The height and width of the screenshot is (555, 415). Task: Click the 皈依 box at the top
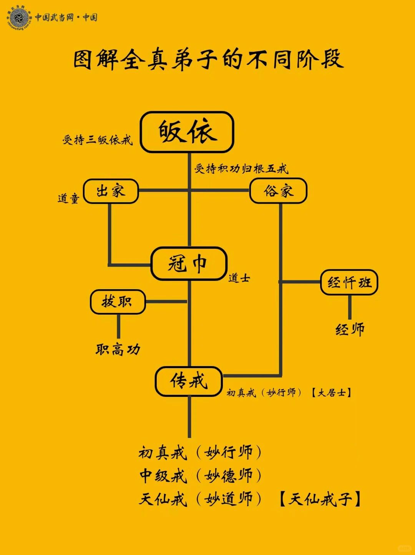(x=187, y=132)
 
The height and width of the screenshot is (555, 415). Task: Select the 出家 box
(x=111, y=191)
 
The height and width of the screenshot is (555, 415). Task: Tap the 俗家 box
(x=278, y=191)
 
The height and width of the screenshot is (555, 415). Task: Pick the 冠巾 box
(x=189, y=264)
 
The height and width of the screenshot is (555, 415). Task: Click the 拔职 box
(x=118, y=302)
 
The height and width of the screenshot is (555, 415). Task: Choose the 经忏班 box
(x=349, y=283)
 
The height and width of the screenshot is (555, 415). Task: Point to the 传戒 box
(x=189, y=381)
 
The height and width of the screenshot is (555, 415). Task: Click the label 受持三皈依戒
(x=97, y=140)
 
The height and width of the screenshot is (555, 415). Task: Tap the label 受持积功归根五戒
(x=241, y=168)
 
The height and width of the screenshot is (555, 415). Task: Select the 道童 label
(x=68, y=198)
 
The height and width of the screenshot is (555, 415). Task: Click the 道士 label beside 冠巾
(x=239, y=278)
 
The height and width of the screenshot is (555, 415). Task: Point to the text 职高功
(x=118, y=350)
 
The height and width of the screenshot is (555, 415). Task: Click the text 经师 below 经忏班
(x=350, y=330)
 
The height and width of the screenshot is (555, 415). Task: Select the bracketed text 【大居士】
(x=331, y=393)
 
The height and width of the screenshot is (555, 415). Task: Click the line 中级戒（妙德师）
(x=200, y=476)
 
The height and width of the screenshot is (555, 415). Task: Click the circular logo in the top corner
(x=18, y=18)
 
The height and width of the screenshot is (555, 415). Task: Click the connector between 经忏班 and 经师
(x=349, y=307)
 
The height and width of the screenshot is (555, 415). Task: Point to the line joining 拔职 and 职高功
(x=118, y=326)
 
